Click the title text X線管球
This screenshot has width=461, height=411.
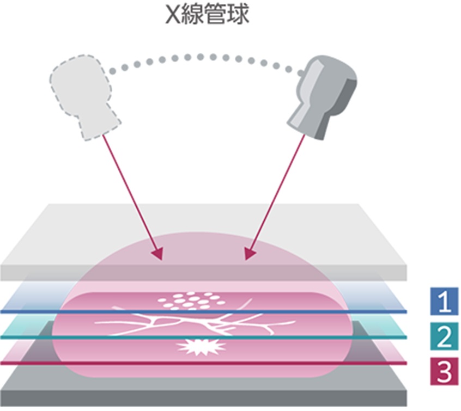click(x=208, y=16)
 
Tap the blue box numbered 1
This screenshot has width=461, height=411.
click(x=444, y=302)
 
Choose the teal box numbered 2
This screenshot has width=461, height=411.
click(x=444, y=336)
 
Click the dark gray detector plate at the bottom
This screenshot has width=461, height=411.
click(x=218, y=395)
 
